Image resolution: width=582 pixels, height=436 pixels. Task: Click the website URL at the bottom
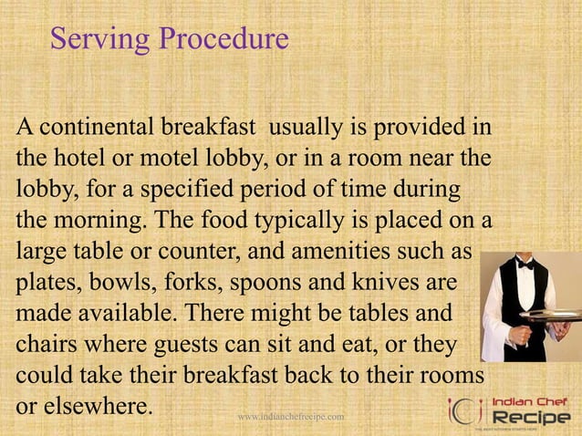(290, 417)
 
